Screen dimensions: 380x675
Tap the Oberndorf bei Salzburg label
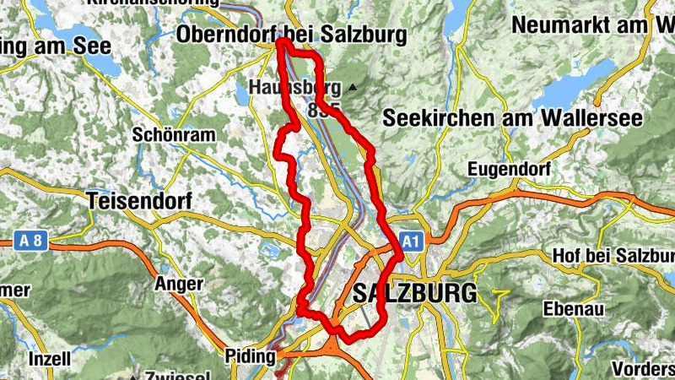(x=292, y=35)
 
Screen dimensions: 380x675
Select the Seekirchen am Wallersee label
(x=515, y=119)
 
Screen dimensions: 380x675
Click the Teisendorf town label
(x=139, y=201)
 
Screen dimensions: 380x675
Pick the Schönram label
(x=174, y=135)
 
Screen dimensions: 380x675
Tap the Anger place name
(x=178, y=285)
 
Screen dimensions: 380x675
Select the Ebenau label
(x=574, y=309)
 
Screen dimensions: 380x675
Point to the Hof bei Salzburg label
(x=613, y=255)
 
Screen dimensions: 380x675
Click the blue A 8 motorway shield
(x=31, y=241)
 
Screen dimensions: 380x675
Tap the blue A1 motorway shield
(x=411, y=241)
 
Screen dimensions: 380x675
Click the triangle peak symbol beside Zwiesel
(x=132, y=375)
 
